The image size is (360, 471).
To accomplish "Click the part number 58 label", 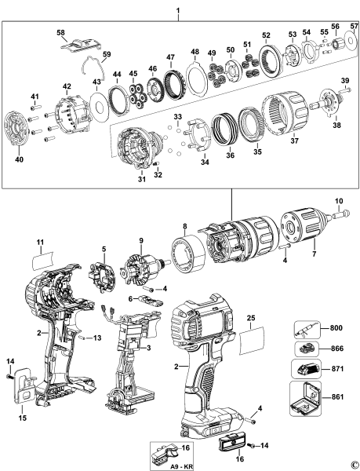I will tap(60, 32).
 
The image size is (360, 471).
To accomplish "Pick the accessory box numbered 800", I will tap(301, 329).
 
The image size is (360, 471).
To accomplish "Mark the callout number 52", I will tap(266, 36).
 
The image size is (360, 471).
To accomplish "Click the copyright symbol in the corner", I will tap(354, 465).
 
